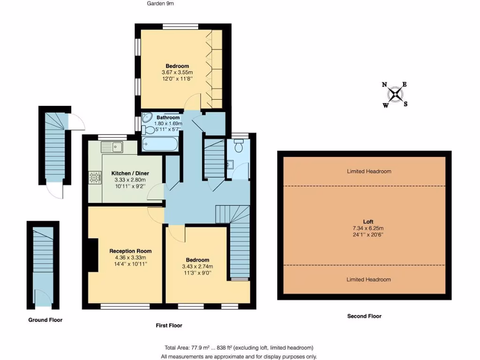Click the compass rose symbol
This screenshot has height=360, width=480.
(x=396, y=94)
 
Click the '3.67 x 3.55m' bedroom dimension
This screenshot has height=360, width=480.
(x=177, y=72)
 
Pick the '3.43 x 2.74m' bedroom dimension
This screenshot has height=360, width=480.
(x=197, y=266)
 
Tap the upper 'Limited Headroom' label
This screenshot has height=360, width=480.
(x=368, y=171)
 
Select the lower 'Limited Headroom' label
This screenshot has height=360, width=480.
(x=368, y=279)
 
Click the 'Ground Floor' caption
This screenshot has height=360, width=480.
(x=45, y=320)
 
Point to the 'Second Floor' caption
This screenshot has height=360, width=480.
(x=364, y=316)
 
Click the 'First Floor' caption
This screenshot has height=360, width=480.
(x=169, y=325)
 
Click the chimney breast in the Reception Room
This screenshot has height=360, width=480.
(x=94, y=255)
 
